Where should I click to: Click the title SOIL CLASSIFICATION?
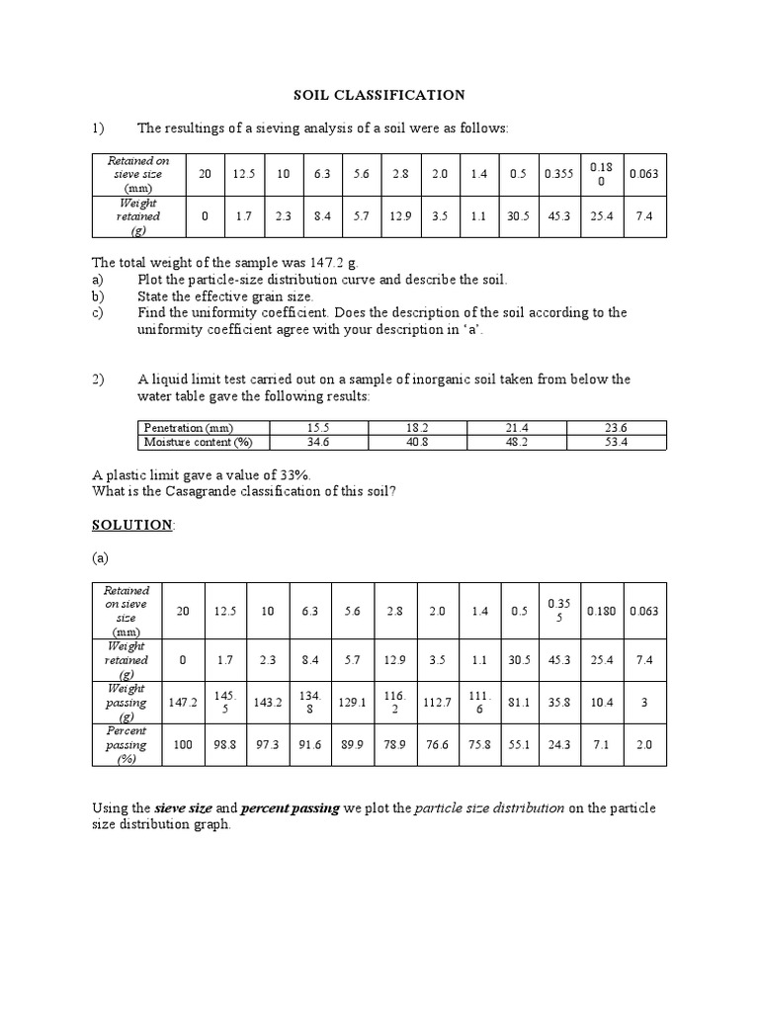click(379, 95)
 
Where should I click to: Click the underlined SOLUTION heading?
click(132, 525)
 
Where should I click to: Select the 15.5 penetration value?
click(317, 427)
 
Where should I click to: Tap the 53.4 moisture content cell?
click(616, 442)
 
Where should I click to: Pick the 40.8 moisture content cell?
click(417, 442)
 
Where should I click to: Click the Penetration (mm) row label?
click(190, 427)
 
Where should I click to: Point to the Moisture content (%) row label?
click(198, 442)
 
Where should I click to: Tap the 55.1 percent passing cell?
click(520, 745)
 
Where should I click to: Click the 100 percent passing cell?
click(182, 745)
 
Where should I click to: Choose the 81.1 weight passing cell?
click(520, 703)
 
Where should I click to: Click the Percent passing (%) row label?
click(126, 745)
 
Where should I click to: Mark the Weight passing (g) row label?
click(126, 703)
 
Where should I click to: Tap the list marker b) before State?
click(98, 296)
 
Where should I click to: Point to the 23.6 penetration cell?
click(616, 427)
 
